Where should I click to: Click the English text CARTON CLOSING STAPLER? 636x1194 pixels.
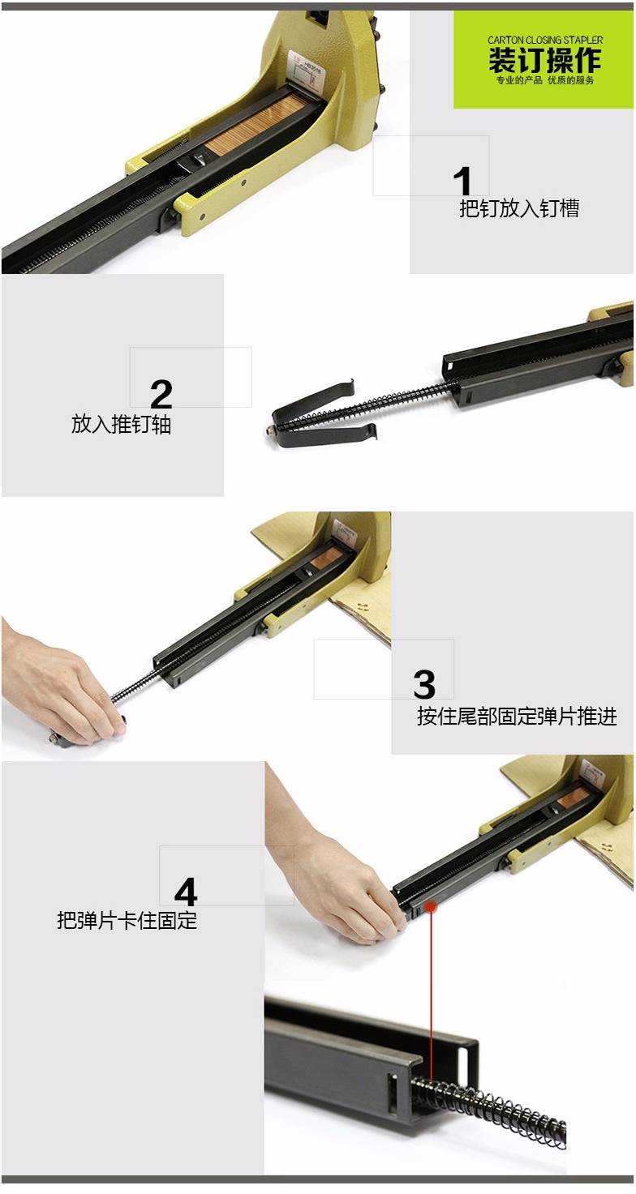pos(545,40)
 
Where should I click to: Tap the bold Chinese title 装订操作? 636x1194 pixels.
pos(545,60)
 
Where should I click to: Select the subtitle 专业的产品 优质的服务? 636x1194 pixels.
pos(545,80)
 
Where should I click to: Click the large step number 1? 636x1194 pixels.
pos(462,181)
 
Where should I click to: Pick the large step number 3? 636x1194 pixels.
pos(424,684)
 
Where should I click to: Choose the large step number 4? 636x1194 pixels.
pos(186,892)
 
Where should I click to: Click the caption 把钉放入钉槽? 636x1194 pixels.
pos(519,208)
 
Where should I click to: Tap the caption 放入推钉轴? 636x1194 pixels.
pos(121,424)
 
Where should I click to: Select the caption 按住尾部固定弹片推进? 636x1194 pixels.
pos(517,716)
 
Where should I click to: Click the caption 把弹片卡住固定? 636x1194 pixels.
pos(127,920)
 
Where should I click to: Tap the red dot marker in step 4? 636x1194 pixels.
pos(431,906)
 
